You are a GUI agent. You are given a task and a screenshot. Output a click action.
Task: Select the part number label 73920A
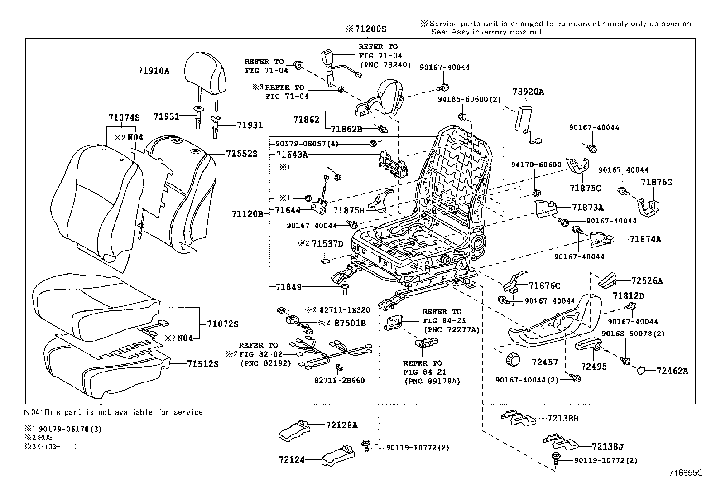[x=528, y=92]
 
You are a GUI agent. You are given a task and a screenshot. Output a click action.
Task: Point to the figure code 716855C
[x=686, y=473]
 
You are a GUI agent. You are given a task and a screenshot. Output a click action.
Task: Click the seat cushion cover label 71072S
[x=222, y=324]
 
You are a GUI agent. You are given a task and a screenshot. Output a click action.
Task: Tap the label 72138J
[x=608, y=446]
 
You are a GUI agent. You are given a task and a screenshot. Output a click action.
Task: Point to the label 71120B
[x=247, y=213]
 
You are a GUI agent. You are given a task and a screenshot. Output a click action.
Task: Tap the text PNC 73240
[x=385, y=64]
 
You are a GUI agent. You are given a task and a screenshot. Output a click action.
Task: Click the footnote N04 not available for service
[x=113, y=412]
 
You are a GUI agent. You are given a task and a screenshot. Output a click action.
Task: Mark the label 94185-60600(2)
[x=469, y=99]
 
